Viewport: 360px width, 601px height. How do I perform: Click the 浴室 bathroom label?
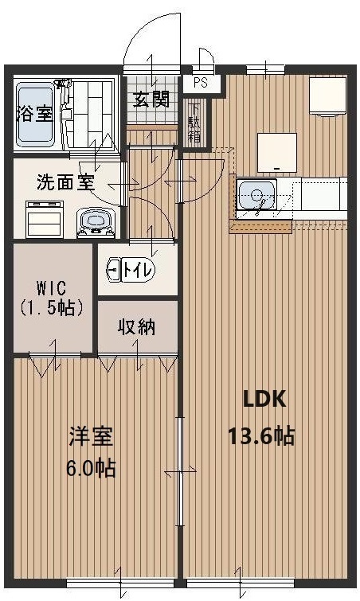coord(35,114)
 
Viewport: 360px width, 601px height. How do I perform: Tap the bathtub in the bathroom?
coord(35,115)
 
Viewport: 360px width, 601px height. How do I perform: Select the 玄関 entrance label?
coord(151,100)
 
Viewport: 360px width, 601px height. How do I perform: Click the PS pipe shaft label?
coord(200,83)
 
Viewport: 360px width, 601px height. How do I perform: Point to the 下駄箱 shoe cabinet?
coord(195,123)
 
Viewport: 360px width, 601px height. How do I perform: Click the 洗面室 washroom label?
coord(65,183)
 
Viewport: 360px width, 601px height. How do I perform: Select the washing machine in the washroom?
coord(44,219)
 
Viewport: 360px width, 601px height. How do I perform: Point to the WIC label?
coord(52,287)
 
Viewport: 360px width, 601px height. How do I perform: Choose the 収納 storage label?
coord(137,327)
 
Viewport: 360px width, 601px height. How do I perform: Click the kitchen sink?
coord(257,194)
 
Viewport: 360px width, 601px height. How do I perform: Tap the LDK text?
coord(265,400)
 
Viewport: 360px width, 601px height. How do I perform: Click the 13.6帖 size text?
coord(261,435)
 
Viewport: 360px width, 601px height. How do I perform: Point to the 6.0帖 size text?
coord(92,467)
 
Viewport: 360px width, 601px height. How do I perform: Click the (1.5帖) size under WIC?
coord(52,307)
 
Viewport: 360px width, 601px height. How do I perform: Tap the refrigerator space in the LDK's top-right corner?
coord(328,96)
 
